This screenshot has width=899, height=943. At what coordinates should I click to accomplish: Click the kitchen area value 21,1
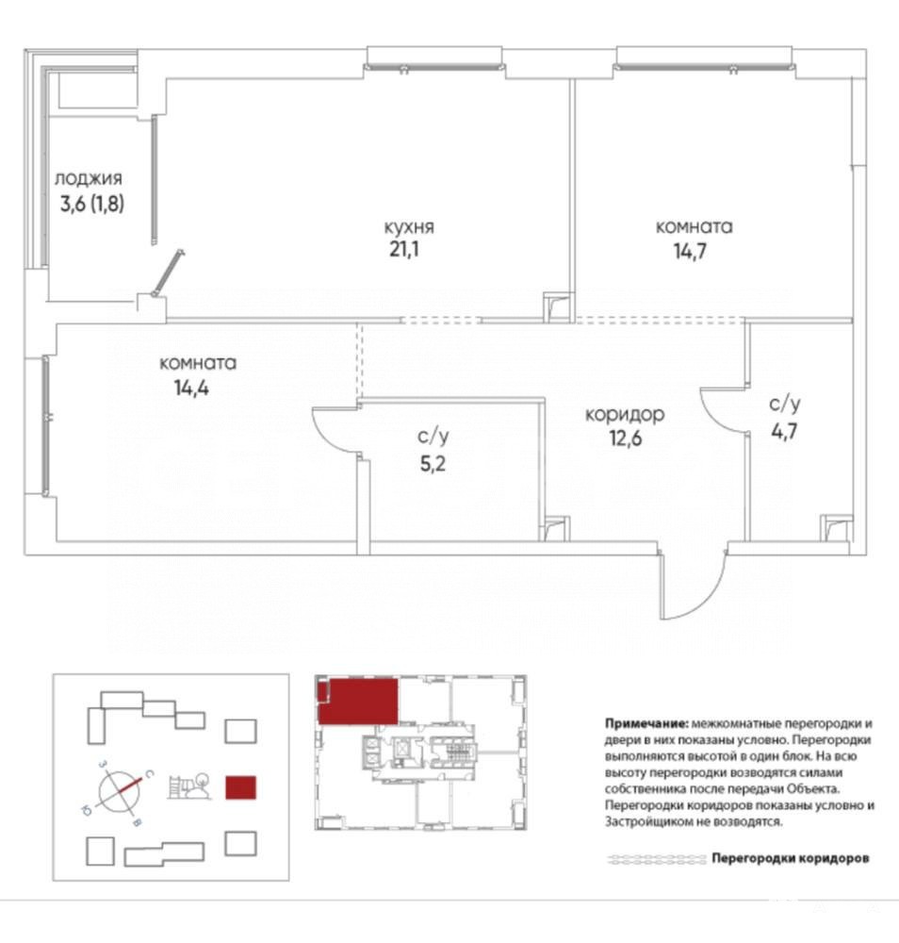click(x=404, y=249)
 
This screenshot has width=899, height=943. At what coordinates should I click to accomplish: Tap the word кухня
click(x=409, y=227)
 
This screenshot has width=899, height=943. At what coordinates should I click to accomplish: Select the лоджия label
click(x=89, y=178)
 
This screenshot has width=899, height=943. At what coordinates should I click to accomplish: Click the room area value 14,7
click(x=690, y=251)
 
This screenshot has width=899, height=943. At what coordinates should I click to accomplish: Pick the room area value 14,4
click(x=191, y=388)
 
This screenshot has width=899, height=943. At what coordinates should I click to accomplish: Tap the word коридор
click(x=625, y=415)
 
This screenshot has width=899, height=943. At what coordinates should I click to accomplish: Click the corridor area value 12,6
click(x=626, y=438)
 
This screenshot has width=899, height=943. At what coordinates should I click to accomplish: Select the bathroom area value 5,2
click(x=433, y=463)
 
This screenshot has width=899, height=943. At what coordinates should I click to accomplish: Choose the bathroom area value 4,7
click(x=784, y=431)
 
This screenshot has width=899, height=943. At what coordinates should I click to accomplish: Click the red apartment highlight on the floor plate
click(x=358, y=702)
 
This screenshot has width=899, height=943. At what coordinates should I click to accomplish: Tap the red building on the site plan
click(x=240, y=787)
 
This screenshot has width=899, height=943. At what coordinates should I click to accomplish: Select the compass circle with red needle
click(x=119, y=791)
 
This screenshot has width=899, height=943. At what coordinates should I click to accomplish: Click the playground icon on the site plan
click(x=189, y=786)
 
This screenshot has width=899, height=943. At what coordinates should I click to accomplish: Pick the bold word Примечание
click(x=646, y=723)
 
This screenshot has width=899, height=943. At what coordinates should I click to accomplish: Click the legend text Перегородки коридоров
click(x=791, y=858)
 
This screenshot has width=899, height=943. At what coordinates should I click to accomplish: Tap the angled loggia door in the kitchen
click(x=168, y=273)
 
